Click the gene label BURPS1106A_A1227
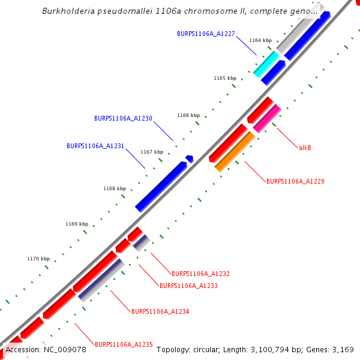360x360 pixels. [206, 34]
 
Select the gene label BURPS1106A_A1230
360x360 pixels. [123, 118]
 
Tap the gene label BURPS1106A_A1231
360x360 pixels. [95, 146]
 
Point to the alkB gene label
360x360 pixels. [305, 147]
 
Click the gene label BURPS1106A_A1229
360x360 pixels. [295, 181]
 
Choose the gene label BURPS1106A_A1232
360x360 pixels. [200, 274]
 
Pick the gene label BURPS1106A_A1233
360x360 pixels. [188, 286]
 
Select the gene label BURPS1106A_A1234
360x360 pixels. [160, 311]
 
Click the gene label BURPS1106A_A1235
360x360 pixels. [124, 344]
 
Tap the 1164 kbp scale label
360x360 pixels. [260, 40]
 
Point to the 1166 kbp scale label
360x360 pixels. [188, 115]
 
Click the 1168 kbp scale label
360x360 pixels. [115, 188]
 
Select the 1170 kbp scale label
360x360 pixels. [38, 259]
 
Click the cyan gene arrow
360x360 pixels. [266, 64]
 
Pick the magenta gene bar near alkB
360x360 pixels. [267, 118]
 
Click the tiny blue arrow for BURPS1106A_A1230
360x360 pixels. [190, 158]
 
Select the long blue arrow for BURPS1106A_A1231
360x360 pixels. [161, 187]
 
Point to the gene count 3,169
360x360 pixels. [343, 349]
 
